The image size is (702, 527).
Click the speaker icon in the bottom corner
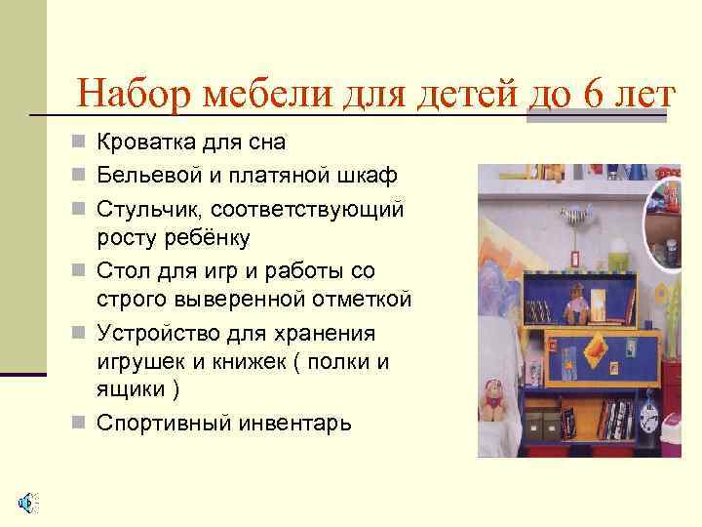pos(26,503)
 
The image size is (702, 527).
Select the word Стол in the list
pos(121,269)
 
